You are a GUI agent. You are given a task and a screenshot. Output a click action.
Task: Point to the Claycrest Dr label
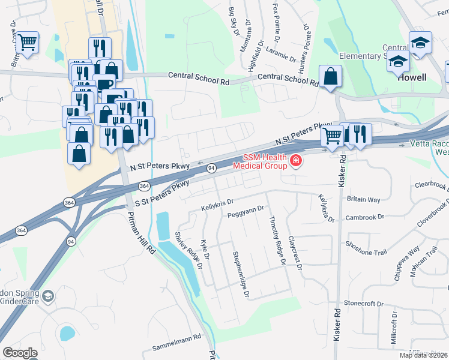(x=294, y=251)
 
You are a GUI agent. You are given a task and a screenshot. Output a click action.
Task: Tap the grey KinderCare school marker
(x=47, y=296)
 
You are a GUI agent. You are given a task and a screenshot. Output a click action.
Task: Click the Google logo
(x=20, y=353)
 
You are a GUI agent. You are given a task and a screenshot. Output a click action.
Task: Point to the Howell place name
(x=412, y=77)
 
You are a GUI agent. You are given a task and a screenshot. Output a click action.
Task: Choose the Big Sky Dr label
(x=234, y=20)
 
